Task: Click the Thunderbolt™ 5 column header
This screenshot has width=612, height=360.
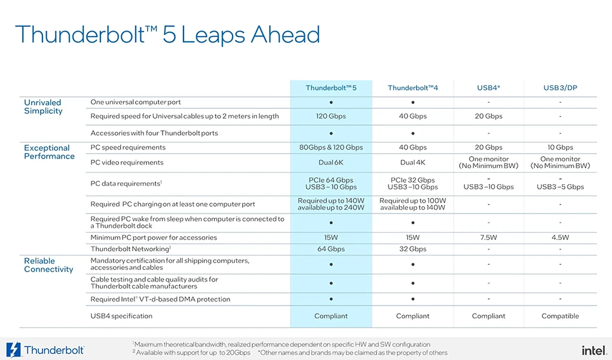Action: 331,88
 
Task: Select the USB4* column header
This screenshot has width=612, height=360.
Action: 488,88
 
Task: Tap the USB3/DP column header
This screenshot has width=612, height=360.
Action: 560,88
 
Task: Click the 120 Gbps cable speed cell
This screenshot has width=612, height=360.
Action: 331,116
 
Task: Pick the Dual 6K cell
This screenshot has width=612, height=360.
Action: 331,163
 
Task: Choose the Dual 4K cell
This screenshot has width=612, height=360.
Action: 412,163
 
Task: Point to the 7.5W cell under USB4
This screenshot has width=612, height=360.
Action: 488,237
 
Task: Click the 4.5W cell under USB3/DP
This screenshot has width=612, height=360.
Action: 560,237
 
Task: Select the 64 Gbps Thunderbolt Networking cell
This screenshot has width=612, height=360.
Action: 331,249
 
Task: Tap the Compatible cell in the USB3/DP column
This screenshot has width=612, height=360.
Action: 560,316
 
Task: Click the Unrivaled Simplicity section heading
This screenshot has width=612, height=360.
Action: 43,106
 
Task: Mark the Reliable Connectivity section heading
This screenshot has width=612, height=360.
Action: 48,265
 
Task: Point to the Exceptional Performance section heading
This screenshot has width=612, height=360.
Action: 49,152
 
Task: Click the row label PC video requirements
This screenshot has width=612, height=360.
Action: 127,163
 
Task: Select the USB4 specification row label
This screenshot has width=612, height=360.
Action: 121,316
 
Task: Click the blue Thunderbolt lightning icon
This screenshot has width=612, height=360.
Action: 13,350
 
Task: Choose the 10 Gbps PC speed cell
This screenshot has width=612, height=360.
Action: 560,147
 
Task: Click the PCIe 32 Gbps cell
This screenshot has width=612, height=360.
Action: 412,180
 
